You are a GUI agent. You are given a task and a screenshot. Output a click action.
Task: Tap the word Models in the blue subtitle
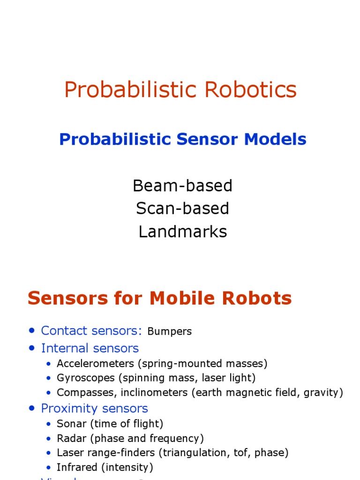277,139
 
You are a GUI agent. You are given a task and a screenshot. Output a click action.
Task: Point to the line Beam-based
182,186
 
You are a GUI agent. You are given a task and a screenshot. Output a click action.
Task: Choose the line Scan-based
182,209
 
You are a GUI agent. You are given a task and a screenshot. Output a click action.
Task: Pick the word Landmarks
182,232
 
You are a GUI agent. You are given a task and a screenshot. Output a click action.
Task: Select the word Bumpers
169,331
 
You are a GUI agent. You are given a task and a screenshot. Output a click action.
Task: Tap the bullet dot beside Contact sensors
32,330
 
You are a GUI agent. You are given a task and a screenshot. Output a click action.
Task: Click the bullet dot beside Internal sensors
32,348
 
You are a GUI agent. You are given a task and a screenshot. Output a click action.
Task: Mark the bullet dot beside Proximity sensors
32,408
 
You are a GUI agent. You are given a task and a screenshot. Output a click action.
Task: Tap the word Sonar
69,424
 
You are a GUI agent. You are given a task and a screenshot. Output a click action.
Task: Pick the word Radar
68,438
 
